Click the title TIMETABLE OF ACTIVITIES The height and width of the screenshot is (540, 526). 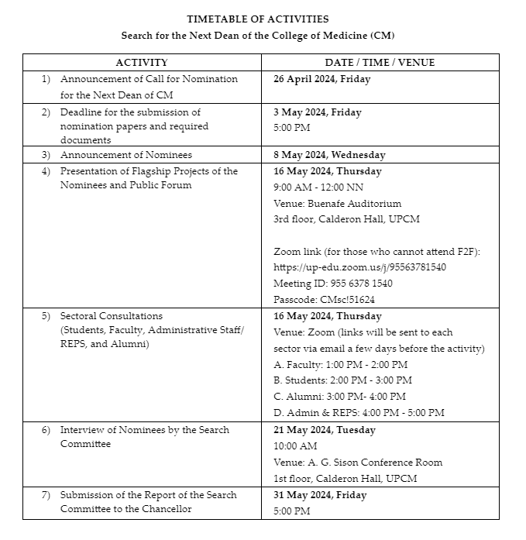click(258, 19)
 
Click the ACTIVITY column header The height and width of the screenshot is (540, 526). click(142, 63)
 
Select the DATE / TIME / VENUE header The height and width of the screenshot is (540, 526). click(380, 63)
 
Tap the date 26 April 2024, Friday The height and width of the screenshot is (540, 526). click(321, 79)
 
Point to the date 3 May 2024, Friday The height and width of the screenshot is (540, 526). click(317, 112)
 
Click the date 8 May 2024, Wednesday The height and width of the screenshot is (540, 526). click(329, 155)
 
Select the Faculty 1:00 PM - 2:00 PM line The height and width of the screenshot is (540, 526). click(341, 364)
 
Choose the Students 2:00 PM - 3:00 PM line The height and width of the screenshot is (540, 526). click(342, 380)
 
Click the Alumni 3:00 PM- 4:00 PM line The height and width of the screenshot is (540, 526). click(339, 397)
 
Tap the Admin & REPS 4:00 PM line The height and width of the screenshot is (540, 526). click(359, 413)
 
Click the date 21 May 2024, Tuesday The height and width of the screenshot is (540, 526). click(324, 430)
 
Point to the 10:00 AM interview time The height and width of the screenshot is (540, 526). click(295, 446)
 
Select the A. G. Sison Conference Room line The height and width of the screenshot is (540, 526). click(358, 463)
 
